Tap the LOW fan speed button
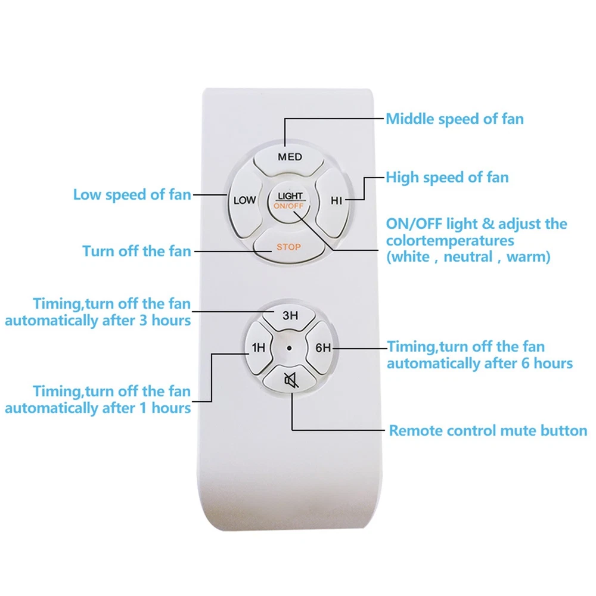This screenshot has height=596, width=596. pos(245,200)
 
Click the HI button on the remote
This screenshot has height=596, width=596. pos(333,201)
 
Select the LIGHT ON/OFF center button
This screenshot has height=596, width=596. pos(289,201)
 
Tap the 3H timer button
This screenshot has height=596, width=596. pos(290,316)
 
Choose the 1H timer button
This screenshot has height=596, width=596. pos(259,347)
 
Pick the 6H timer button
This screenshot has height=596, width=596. pos(321,347)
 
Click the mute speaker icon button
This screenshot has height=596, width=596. pos(290,380)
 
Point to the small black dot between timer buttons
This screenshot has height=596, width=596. pos(289,348)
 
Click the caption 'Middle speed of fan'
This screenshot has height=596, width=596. pos(455,119)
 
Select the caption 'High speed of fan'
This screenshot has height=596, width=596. pos(447,178)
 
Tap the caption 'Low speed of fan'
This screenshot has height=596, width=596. pos(132,195)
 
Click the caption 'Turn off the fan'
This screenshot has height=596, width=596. pos(136,252)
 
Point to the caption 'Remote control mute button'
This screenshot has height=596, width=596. pos(488,431)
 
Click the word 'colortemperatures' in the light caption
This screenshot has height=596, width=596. pos(450,241)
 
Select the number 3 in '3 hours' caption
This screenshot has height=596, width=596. pos(143,321)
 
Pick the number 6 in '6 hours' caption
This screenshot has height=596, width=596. pos(525,364)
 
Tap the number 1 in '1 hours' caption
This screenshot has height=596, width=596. pos(143,408)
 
